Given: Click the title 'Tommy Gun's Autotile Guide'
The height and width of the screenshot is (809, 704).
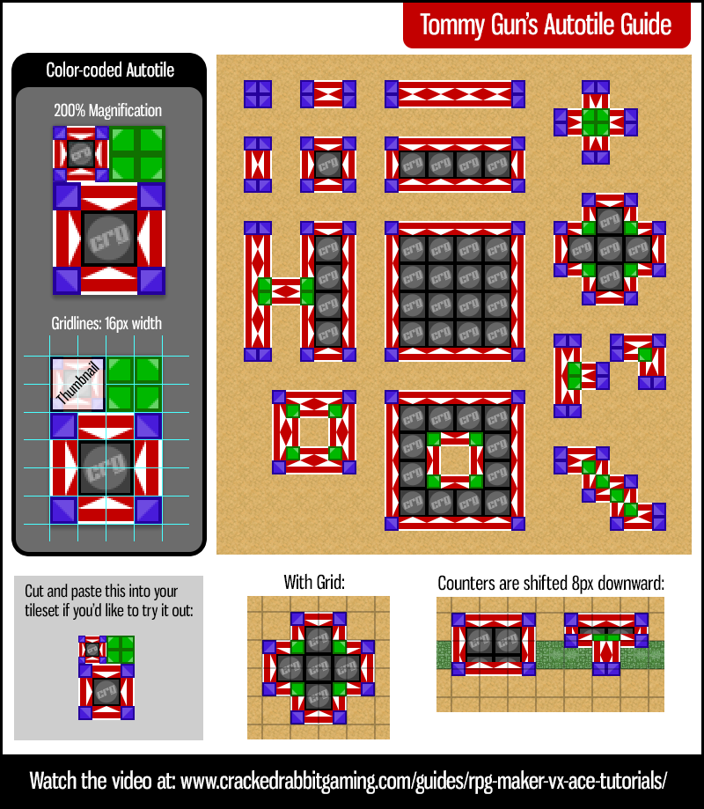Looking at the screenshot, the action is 546,24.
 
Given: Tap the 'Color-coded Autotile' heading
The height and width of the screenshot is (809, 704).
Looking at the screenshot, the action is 110,70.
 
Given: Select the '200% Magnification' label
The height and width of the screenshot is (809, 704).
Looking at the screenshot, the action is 107,111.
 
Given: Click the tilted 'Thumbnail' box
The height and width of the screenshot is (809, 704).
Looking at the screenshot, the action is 77,385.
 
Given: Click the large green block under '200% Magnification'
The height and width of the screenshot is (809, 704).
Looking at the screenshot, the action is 138,154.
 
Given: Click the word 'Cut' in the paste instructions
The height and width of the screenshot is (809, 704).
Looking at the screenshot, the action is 35,591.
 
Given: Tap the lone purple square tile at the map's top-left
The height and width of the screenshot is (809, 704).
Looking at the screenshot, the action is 258,94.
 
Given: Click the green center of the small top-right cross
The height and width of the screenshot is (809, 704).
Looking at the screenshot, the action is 596,122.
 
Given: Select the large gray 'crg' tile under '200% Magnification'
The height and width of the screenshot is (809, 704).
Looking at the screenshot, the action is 109,239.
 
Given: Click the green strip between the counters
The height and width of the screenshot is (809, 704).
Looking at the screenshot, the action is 550,655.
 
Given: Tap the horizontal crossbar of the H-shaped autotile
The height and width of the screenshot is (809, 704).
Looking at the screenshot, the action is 286,291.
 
